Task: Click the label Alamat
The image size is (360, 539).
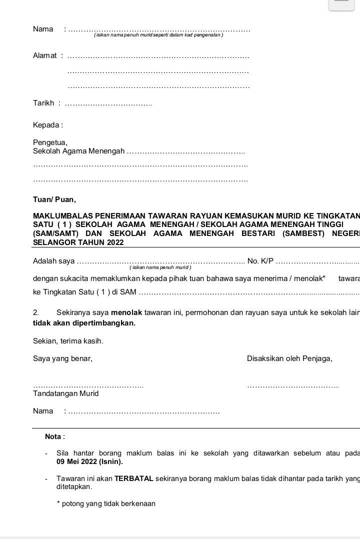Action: (x=45, y=55)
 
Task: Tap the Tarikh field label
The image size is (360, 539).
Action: (x=43, y=103)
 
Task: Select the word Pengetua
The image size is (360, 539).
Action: (x=49, y=142)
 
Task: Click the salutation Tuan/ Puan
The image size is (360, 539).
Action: (x=54, y=199)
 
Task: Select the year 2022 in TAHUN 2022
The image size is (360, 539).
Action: (x=114, y=242)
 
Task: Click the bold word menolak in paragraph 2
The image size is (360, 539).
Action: (x=126, y=312)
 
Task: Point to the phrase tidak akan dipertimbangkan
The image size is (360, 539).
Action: (x=84, y=323)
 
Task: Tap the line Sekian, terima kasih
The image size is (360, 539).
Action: (x=68, y=341)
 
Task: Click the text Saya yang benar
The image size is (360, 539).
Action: (x=62, y=358)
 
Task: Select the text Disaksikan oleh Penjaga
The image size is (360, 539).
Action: (x=289, y=358)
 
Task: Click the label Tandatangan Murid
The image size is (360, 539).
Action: (x=65, y=393)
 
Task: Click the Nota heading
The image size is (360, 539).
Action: (x=55, y=436)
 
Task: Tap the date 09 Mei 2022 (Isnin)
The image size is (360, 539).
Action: (x=89, y=461)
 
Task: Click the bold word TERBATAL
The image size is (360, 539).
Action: (x=133, y=478)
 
